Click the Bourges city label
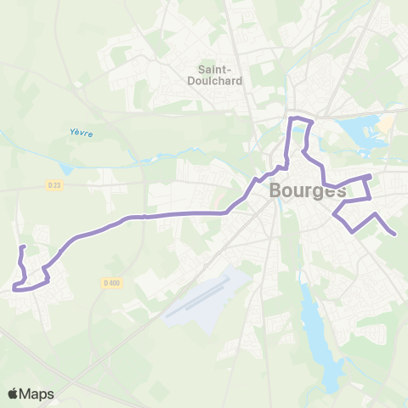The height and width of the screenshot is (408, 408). [x=308, y=190]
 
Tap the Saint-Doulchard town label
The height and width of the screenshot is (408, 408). [x=209, y=75]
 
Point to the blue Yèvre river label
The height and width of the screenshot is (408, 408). [x=81, y=133]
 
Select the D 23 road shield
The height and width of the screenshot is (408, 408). [x=55, y=184]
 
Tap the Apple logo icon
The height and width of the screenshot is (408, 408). [x=14, y=394]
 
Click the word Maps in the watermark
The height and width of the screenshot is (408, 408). [x=37, y=394]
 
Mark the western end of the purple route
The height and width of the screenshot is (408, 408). [x=22, y=247]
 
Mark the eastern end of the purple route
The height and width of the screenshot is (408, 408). [x=394, y=234]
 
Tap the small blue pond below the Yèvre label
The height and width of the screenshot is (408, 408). [x=67, y=169]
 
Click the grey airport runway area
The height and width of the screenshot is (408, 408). [x=204, y=297]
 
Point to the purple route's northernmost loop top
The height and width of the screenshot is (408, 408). [x=302, y=120]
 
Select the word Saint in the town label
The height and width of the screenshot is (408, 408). [x=209, y=69]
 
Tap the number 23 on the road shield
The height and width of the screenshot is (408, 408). [x=58, y=184]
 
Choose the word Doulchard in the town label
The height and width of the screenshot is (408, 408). [x=209, y=81]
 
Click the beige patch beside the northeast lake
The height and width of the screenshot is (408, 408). [x=384, y=124]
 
